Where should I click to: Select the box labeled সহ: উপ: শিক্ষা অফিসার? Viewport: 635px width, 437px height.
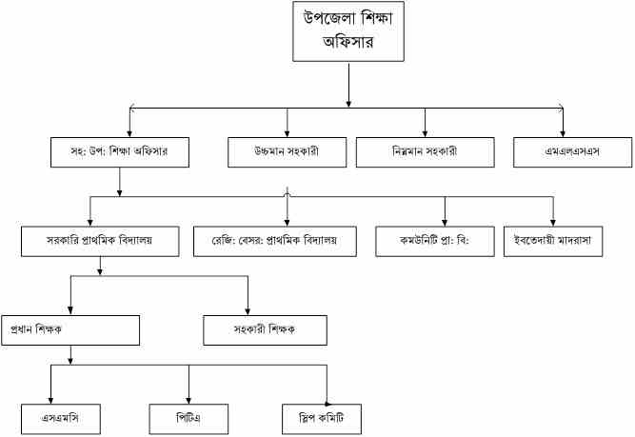click(119, 152)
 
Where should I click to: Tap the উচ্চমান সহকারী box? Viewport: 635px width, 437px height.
click(287, 152)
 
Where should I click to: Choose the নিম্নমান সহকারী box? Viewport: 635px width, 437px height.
click(425, 152)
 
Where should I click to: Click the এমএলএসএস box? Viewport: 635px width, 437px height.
click(562, 152)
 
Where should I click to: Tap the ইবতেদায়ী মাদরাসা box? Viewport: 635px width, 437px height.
click(552, 241)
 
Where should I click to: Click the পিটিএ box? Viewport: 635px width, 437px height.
click(188, 418)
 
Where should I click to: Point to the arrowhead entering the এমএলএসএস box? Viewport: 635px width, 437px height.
click(562, 133)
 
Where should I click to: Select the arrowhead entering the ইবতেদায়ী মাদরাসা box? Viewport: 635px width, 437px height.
click(552, 221)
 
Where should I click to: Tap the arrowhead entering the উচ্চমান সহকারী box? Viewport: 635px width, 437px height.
click(287, 133)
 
